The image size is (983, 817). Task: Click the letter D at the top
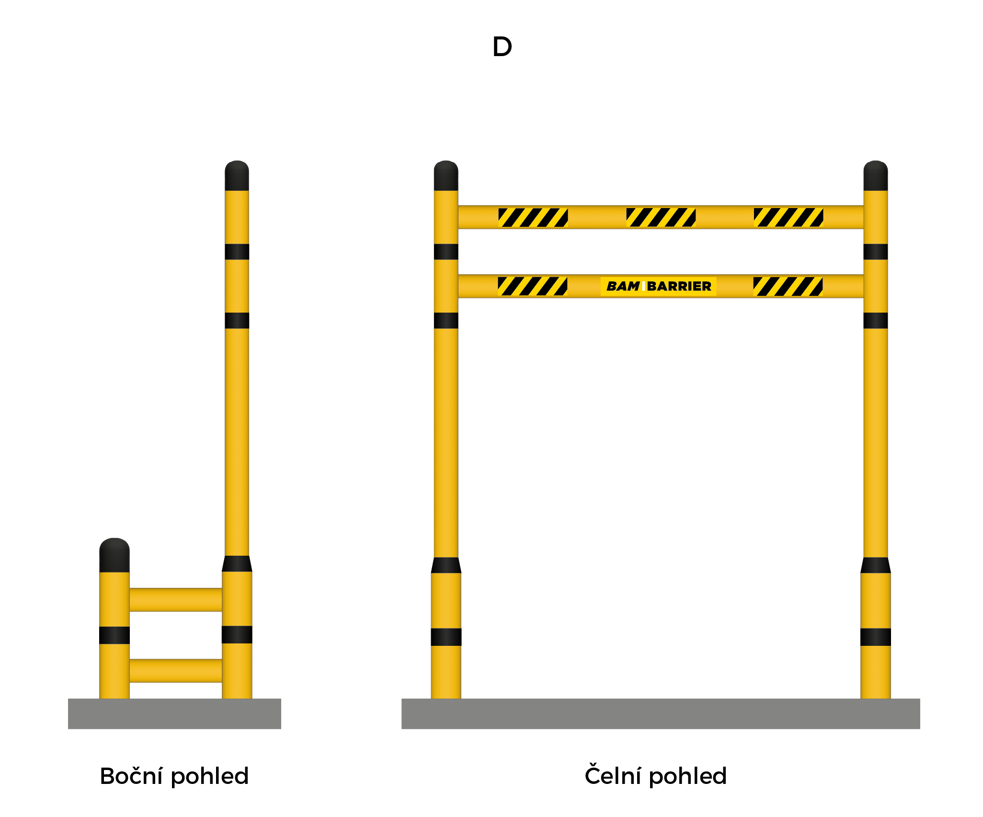[502, 47]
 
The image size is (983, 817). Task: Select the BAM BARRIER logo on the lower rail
[658, 286]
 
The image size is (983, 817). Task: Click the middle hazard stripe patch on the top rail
[661, 217]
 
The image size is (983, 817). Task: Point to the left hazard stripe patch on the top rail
[533, 217]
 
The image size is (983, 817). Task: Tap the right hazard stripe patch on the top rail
[789, 217]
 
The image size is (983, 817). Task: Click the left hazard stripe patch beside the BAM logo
[532, 286]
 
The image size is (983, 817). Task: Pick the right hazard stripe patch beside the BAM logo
[788, 286]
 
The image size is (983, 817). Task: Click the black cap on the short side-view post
[114, 555]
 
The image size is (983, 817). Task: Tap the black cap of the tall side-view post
[237, 175]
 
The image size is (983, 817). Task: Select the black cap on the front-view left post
[446, 175]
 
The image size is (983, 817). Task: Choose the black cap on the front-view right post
[876, 175]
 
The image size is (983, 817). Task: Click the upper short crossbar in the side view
[176, 600]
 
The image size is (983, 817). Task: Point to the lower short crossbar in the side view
[176, 671]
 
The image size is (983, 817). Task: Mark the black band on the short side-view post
[114, 635]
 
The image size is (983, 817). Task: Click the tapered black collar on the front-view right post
[876, 565]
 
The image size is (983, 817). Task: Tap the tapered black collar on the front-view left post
[446, 565]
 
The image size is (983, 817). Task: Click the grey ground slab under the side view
[174, 714]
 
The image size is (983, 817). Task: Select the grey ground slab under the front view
[661, 714]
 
